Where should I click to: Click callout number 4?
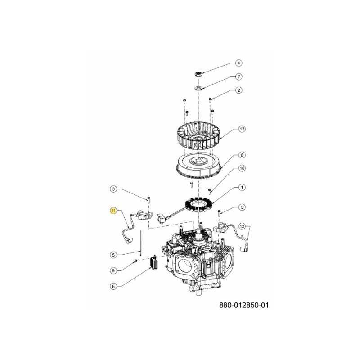point(239,63)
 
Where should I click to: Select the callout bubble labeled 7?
point(239,76)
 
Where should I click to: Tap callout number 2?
point(239,90)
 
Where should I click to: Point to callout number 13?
point(242,130)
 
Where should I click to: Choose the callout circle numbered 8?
point(242,155)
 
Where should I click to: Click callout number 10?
point(242,169)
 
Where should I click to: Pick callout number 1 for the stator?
point(242,187)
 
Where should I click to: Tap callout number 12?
point(242,226)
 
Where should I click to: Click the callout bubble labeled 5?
point(114,255)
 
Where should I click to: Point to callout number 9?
point(114,270)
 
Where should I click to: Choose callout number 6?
point(114,286)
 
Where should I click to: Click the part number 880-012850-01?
point(244,305)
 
